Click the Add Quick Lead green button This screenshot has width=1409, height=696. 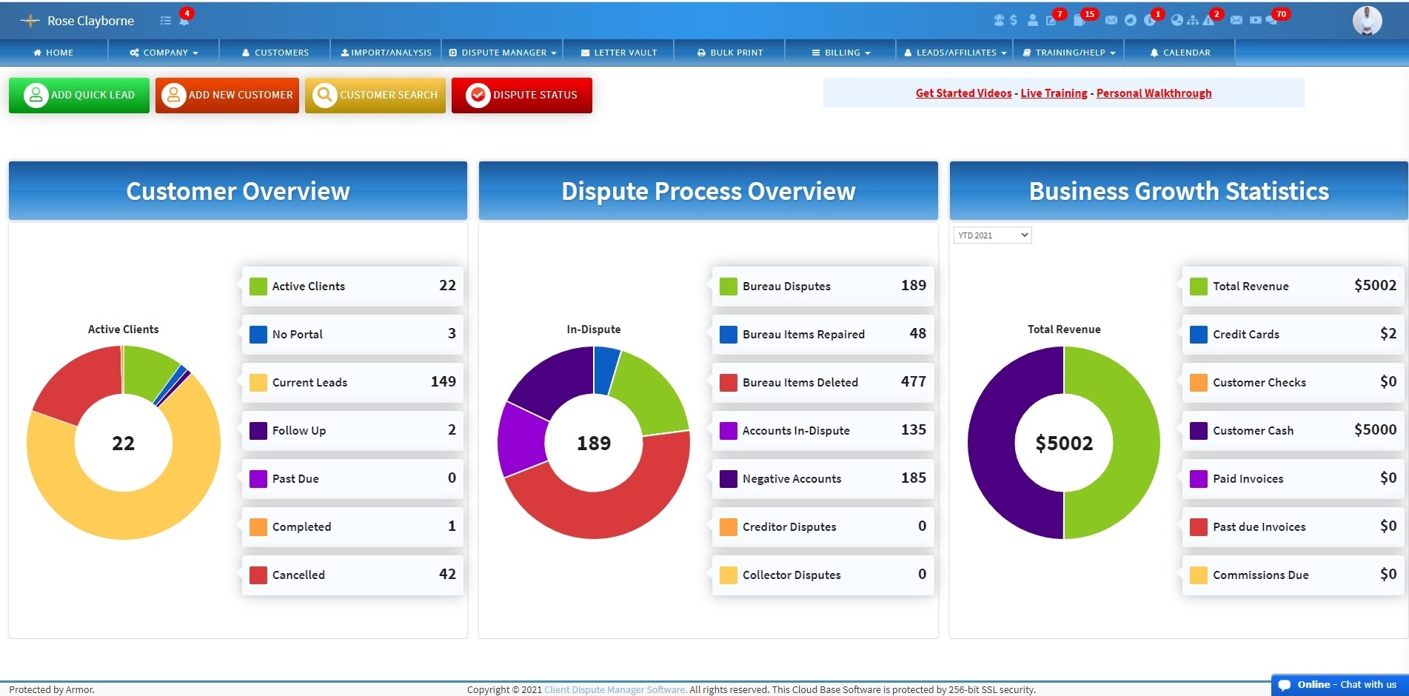(79, 95)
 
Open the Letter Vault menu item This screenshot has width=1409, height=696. (618, 53)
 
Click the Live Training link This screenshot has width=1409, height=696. (1054, 93)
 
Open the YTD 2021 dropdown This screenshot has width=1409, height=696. (992, 235)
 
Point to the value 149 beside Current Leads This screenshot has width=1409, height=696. (443, 382)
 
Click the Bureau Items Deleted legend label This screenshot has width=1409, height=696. (800, 383)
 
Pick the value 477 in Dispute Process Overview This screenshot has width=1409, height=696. (913, 382)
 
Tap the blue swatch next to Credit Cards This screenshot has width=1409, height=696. (1198, 335)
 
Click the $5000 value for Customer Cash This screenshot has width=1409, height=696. (1375, 430)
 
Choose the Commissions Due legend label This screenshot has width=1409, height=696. (1260, 575)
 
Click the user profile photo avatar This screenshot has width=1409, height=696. (1367, 21)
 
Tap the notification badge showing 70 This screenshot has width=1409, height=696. (1281, 14)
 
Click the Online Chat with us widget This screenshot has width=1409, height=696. (1339, 685)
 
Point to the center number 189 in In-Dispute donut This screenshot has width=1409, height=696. (594, 444)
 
